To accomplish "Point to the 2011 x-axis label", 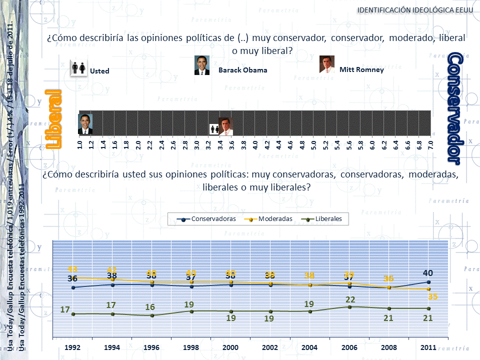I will (428, 347).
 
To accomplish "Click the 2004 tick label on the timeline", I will (310, 347).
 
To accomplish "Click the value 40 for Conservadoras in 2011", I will (427, 273).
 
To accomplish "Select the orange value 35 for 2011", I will (432, 297).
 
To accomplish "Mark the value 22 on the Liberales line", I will (349, 299).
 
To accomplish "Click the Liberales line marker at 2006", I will (349, 307).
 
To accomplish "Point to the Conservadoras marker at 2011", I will (428, 282).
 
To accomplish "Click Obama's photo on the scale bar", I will (85, 124).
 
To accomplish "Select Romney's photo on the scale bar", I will (226, 126).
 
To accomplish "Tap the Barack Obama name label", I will (242, 70).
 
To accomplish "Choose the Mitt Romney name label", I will (361, 69).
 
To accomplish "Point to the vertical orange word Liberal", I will (53, 119).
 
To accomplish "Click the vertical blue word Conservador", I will (453, 107).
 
